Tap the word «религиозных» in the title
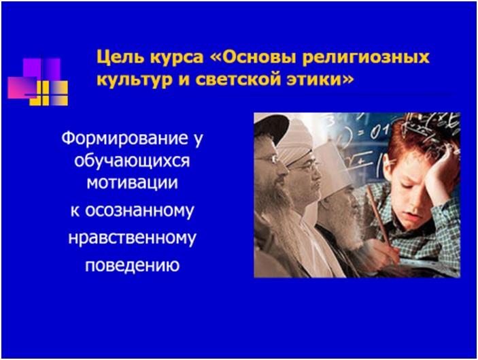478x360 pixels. [366, 58]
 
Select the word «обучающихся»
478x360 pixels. [133, 161]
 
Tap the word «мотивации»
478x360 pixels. [133, 183]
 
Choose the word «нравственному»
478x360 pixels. [133, 238]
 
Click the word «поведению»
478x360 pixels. [133, 265]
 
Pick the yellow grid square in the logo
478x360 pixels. [49, 93]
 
